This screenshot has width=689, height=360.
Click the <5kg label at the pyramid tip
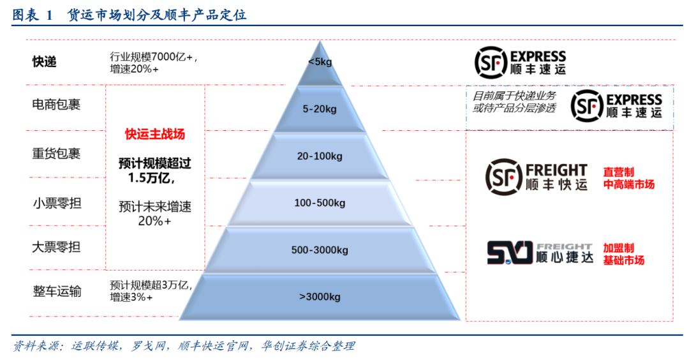[x=320, y=62]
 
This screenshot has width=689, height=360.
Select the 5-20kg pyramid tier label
[x=320, y=109]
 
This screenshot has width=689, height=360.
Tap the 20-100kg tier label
[x=320, y=156]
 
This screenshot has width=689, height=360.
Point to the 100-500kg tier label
[x=320, y=203]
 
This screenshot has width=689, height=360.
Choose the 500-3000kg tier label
[x=320, y=250]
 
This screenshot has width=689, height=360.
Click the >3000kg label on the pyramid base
[x=320, y=297]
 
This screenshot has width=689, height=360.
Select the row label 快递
[x=45, y=62]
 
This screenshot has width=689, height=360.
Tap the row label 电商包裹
[x=56, y=105]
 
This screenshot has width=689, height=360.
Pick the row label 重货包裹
[x=56, y=153]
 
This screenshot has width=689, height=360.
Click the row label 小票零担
[x=57, y=203]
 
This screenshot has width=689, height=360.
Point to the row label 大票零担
[x=56, y=247]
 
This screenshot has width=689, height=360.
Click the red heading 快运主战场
[x=155, y=134]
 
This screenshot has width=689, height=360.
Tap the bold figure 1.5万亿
[x=152, y=178]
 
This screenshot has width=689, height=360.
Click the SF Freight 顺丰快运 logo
[x=537, y=177]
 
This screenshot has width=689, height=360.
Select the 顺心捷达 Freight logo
[x=540, y=253]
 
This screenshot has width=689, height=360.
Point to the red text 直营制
[x=618, y=172]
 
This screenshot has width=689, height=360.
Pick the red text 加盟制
[x=618, y=248]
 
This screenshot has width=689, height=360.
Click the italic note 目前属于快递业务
[x=514, y=96]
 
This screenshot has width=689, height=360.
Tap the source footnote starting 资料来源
[x=184, y=346]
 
